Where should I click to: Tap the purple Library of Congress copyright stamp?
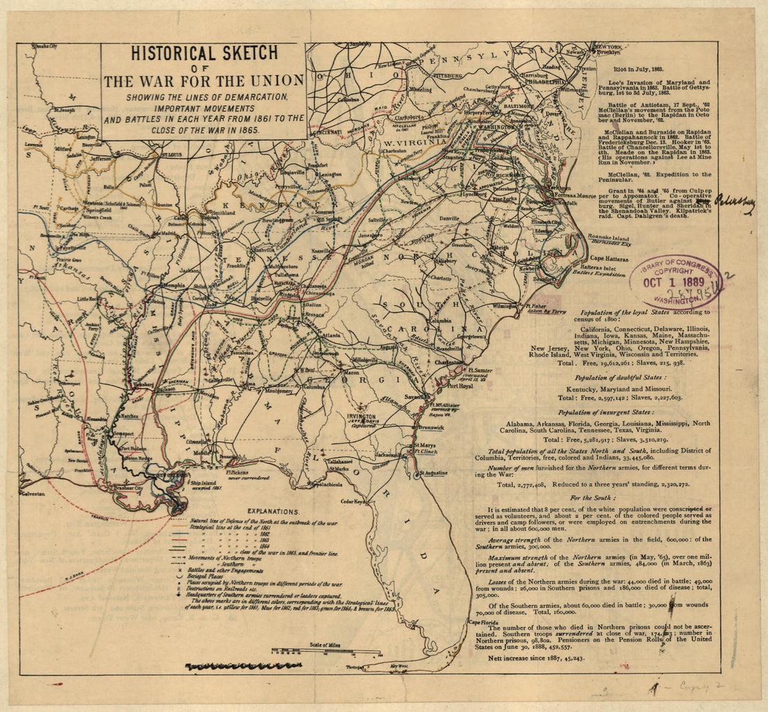click(x=676, y=281)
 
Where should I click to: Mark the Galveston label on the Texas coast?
click(x=31, y=493)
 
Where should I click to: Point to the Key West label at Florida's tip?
click(x=399, y=666)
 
